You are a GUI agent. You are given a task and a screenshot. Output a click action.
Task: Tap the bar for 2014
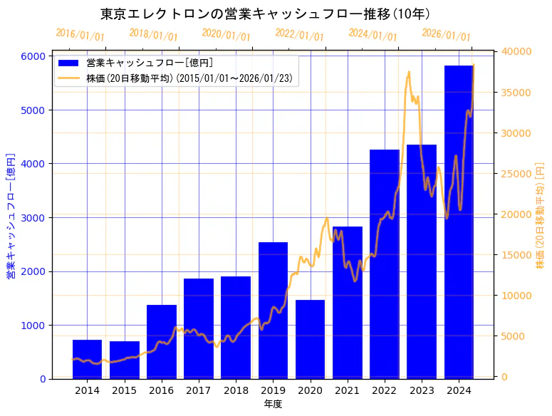tap(87, 359)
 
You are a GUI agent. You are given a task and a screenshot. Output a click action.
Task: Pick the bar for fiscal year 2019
tap(273, 311)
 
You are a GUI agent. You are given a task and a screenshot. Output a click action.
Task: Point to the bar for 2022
tap(385, 264)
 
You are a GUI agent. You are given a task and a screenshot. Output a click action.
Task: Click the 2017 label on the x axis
tap(199, 390)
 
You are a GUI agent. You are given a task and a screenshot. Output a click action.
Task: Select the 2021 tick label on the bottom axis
tap(347, 390)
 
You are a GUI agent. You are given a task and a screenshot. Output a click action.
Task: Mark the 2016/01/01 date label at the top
tap(80, 35)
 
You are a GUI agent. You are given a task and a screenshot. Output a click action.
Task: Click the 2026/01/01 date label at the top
tap(446, 35)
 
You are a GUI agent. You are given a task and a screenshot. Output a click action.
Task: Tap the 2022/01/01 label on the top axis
tap(299, 35)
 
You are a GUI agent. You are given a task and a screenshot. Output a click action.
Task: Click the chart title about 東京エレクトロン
tap(265, 14)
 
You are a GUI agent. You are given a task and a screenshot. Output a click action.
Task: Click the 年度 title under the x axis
tap(273, 404)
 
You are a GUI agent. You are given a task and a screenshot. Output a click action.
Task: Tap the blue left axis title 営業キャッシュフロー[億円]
tap(11, 216)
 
